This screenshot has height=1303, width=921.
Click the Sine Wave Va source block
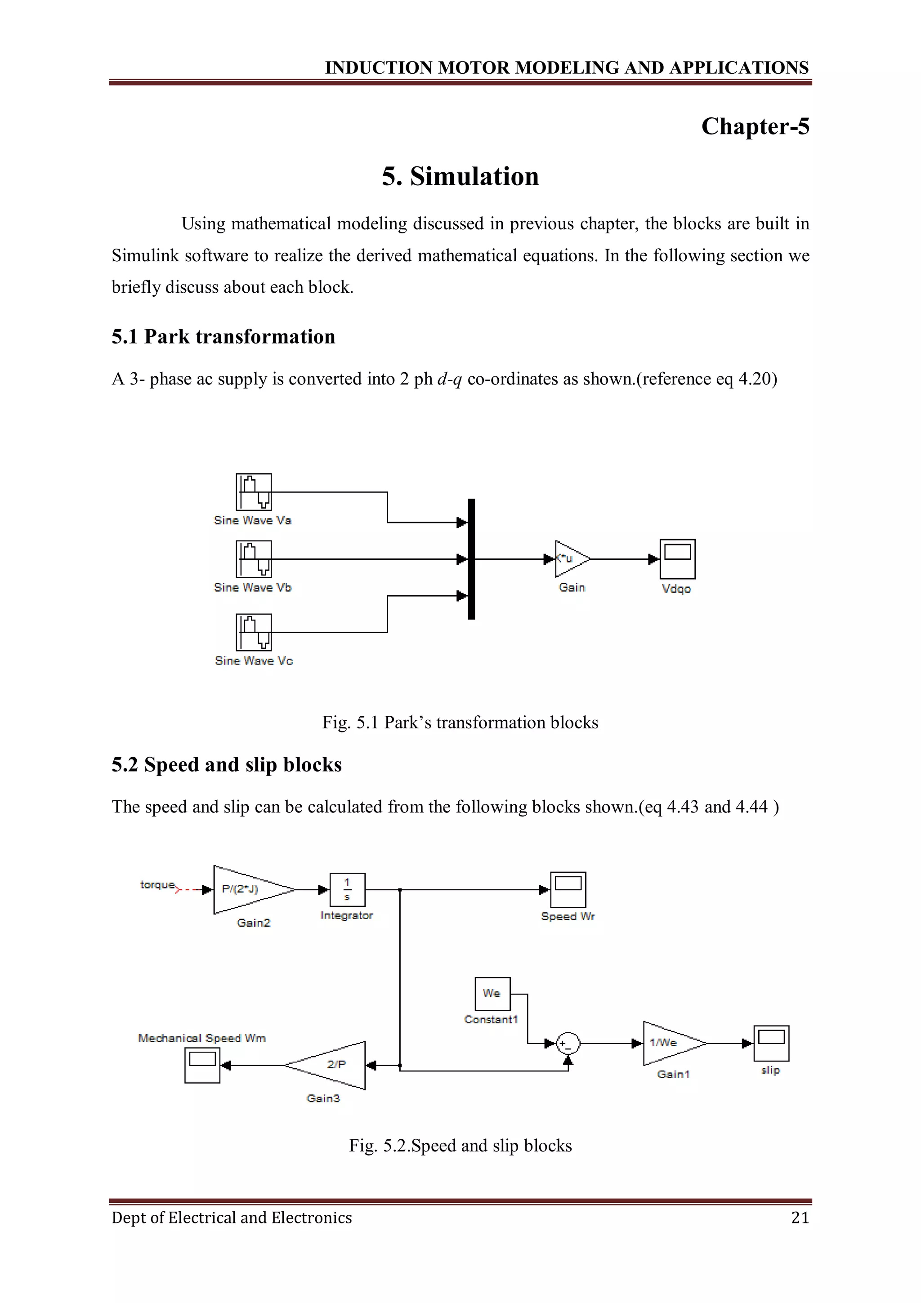[x=254, y=492]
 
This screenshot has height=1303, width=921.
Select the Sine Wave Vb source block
[x=254, y=559]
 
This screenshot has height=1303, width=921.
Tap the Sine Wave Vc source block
[x=254, y=632]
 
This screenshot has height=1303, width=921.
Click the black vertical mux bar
[x=471, y=559]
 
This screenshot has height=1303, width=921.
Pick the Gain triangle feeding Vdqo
[x=571, y=559]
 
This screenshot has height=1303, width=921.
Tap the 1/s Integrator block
[x=347, y=889]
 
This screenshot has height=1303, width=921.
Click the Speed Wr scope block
[x=568, y=889]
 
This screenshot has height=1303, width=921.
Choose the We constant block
[x=492, y=994]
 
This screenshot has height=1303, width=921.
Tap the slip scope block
[x=771, y=1043]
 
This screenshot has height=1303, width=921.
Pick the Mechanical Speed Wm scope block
[x=202, y=1065]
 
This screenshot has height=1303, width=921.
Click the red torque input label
[x=158, y=885]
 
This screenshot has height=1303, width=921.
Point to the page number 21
[x=800, y=1217]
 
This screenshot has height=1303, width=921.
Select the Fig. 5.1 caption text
[x=460, y=722]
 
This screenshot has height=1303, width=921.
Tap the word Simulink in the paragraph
[x=145, y=255]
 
